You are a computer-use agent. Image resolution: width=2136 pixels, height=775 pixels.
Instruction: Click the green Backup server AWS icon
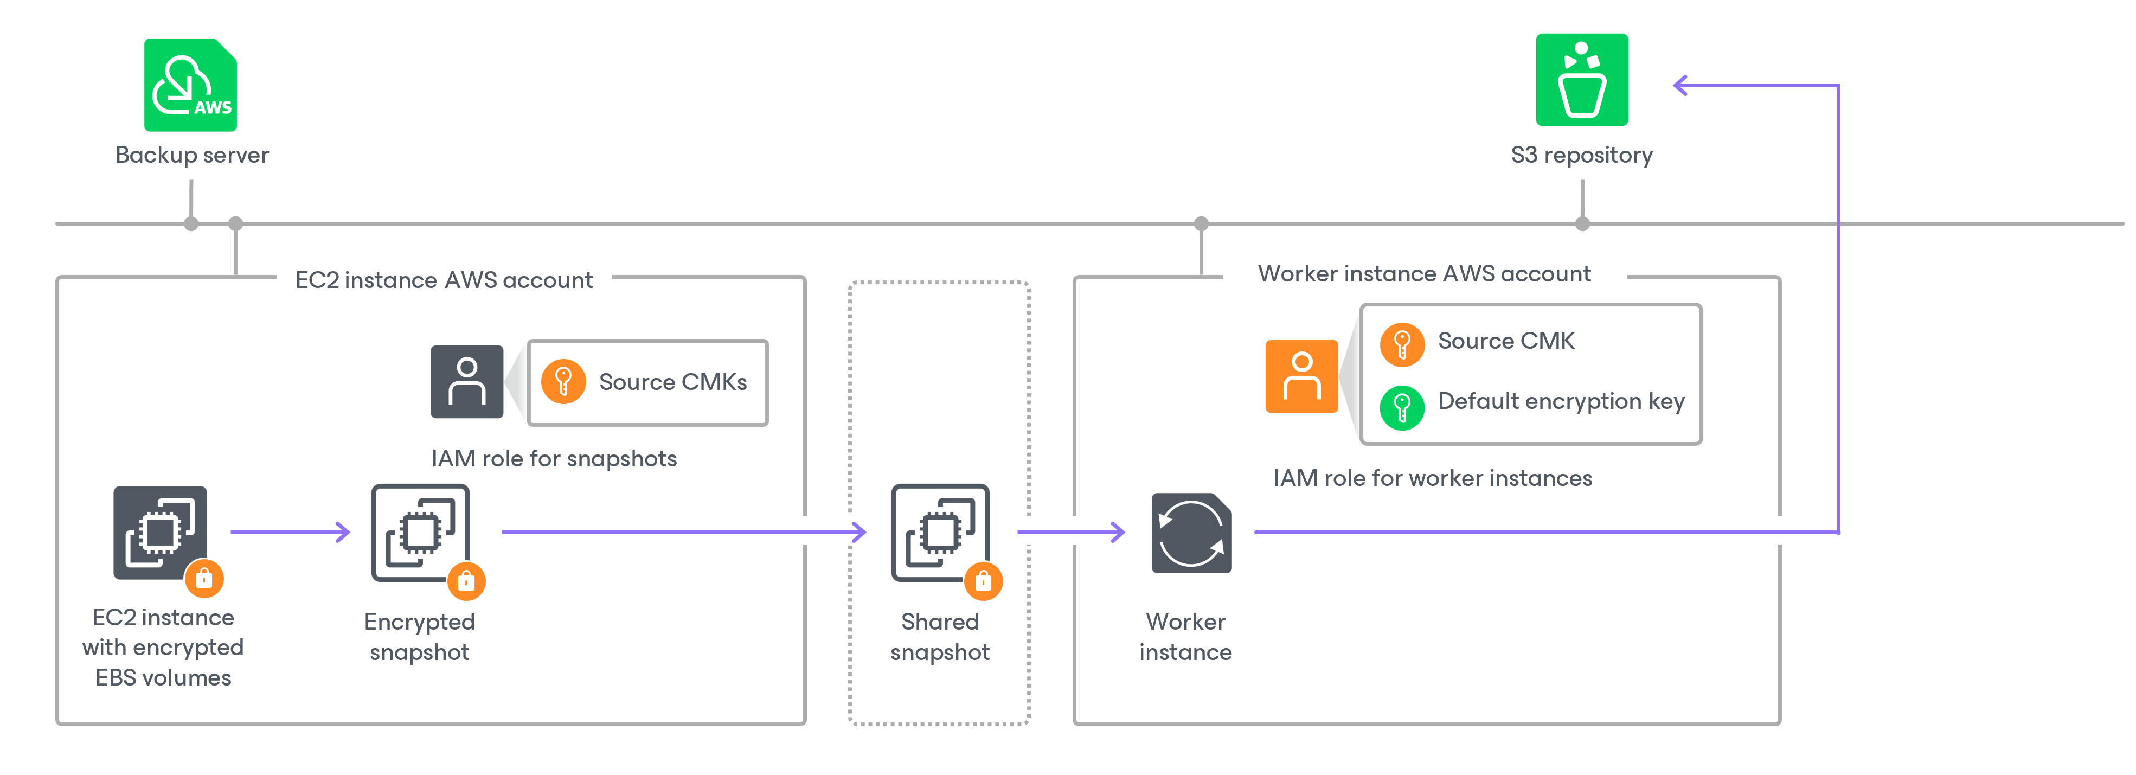pos(191,85)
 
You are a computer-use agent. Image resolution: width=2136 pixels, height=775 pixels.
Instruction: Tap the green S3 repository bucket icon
pos(1581,80)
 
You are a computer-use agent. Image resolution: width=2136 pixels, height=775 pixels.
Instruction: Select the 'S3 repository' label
pos(1581,155)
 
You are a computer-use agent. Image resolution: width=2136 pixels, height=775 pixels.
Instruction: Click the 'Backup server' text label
pos(191,155)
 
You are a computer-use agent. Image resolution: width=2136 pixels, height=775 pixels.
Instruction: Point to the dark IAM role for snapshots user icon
pos(467,381)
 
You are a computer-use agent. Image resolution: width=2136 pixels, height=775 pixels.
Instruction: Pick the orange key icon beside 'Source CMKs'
pos(563,381)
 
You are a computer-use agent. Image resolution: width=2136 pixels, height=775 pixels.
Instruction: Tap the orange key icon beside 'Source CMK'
pos(1401,343)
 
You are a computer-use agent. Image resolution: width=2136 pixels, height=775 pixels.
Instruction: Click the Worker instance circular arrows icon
pos(1191,533)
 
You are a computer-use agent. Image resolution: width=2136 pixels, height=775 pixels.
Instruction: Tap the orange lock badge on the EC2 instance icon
pos(204,579)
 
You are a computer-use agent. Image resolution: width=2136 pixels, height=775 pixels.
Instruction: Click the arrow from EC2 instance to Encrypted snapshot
pos(290,532)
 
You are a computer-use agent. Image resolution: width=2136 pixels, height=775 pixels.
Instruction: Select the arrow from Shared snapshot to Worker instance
pos(1070,532)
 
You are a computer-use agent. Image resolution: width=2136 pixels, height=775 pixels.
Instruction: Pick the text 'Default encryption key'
pos(1561,402)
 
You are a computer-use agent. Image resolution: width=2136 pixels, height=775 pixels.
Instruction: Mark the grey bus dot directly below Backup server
pos(191,224)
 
